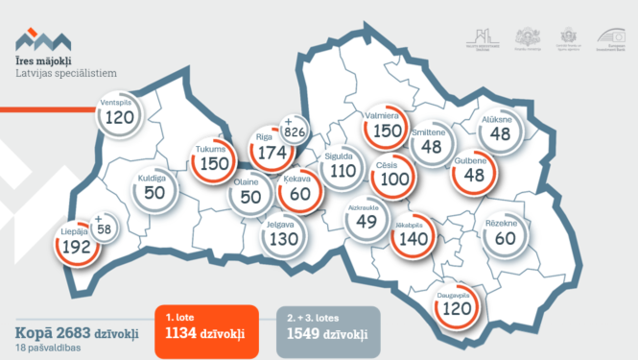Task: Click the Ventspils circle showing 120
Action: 120,115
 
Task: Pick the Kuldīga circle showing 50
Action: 154,189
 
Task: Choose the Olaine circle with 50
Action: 249,195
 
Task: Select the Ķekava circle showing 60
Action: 299,193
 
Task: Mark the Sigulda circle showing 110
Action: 343,171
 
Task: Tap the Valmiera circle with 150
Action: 389,130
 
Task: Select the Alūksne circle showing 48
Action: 500,132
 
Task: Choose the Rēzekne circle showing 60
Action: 506,236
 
